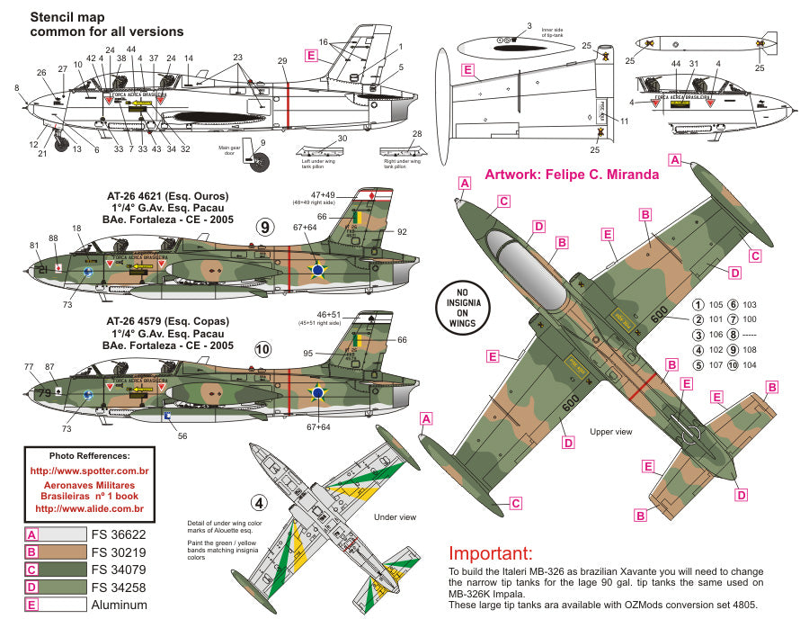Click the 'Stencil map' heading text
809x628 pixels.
pos(68,16)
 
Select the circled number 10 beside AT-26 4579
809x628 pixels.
pos(262,347)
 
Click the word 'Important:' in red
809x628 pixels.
pos(490,553)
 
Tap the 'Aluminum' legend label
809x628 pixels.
pos(113,605)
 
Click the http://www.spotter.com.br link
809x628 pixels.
pos(88,471)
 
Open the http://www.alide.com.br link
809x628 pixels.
pos(88,508)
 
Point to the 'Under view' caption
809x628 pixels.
pos(396,517)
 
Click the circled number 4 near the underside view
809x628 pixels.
pos(259,503)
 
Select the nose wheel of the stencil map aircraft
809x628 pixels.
pos(61,141)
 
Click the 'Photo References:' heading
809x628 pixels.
pos(89,455)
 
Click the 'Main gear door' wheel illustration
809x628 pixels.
pos(260,161)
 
